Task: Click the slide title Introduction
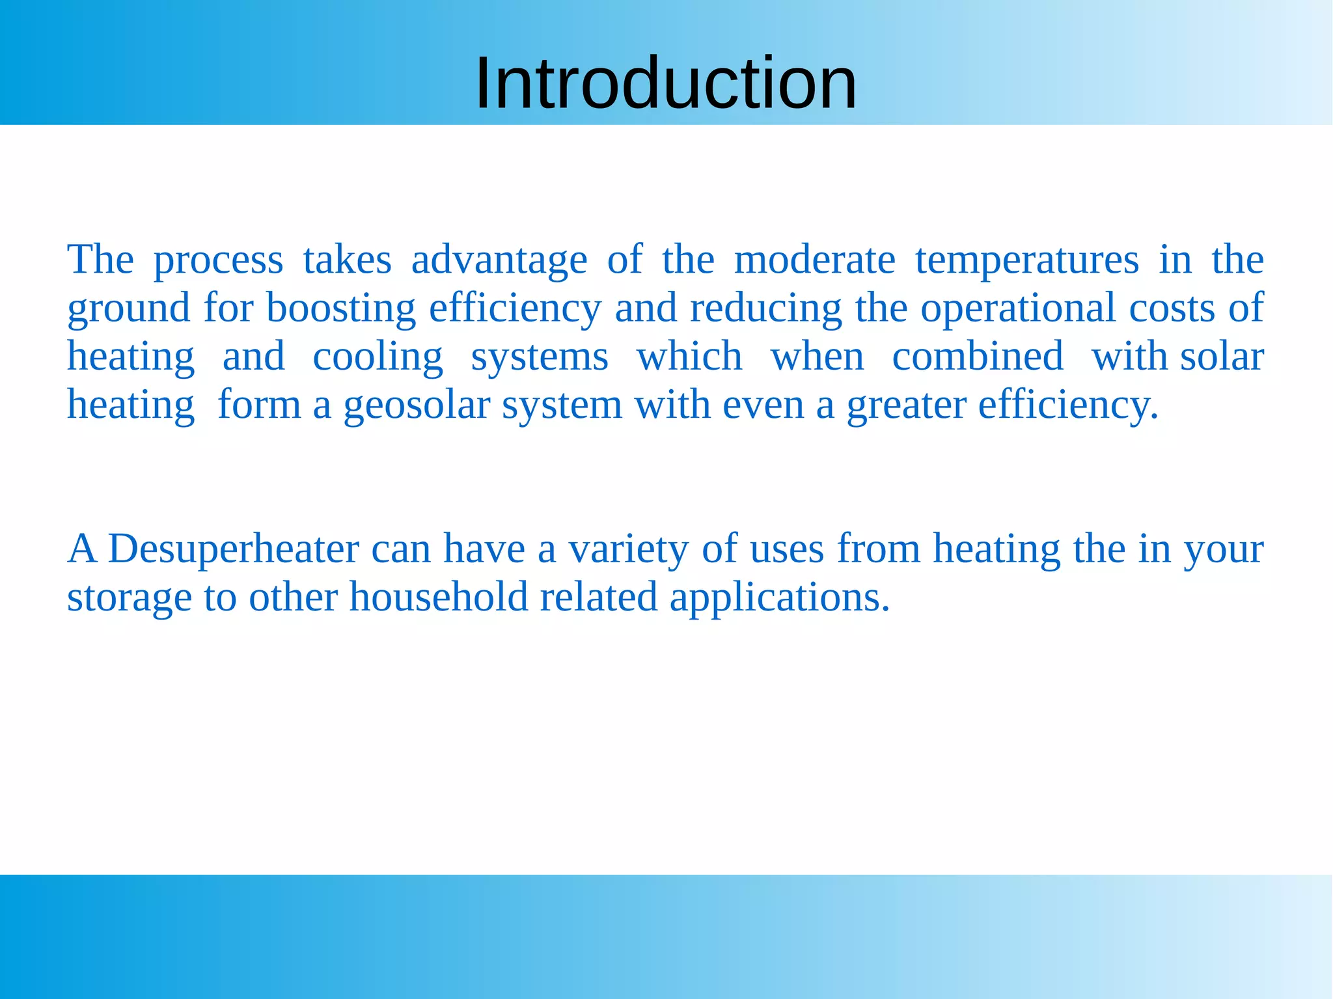[666, 83]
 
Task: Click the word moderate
[814, 260]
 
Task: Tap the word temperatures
[1026, 260]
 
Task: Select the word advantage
[499, 260]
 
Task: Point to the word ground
[129, 308]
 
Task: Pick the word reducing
[765, 308]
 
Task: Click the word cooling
[378, 357]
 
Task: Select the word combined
[977, 357]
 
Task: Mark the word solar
[1222, 357]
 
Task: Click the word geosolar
[417, 405]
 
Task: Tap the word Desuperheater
[233, 549]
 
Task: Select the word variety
[628, 549]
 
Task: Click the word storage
[129, 597]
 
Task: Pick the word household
[438, 597]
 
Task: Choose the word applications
[779, 597]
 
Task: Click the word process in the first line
[218, 260]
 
